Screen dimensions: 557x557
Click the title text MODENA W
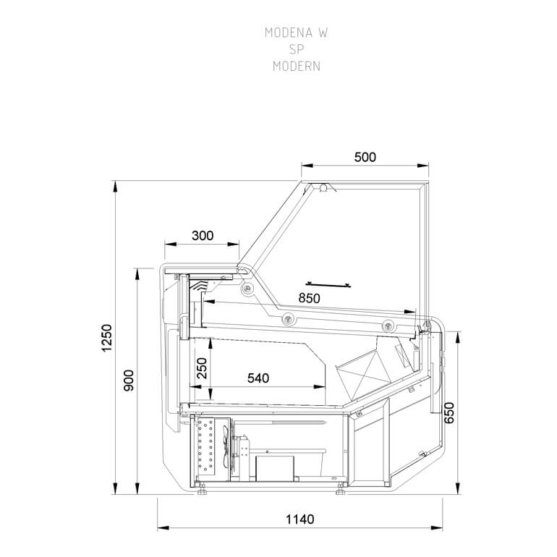tap(291, 33)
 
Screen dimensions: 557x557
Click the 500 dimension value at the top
tap(365, 157)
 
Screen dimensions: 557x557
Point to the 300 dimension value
tap(203, 235)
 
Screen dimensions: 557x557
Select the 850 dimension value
tap(308, 298)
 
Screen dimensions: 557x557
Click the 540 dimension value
tap(258, 378)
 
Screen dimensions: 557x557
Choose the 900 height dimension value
tap(129, 380)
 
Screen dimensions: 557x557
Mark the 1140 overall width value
tap(299, 519)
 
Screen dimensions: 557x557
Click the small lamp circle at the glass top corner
tap(323, 188)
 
